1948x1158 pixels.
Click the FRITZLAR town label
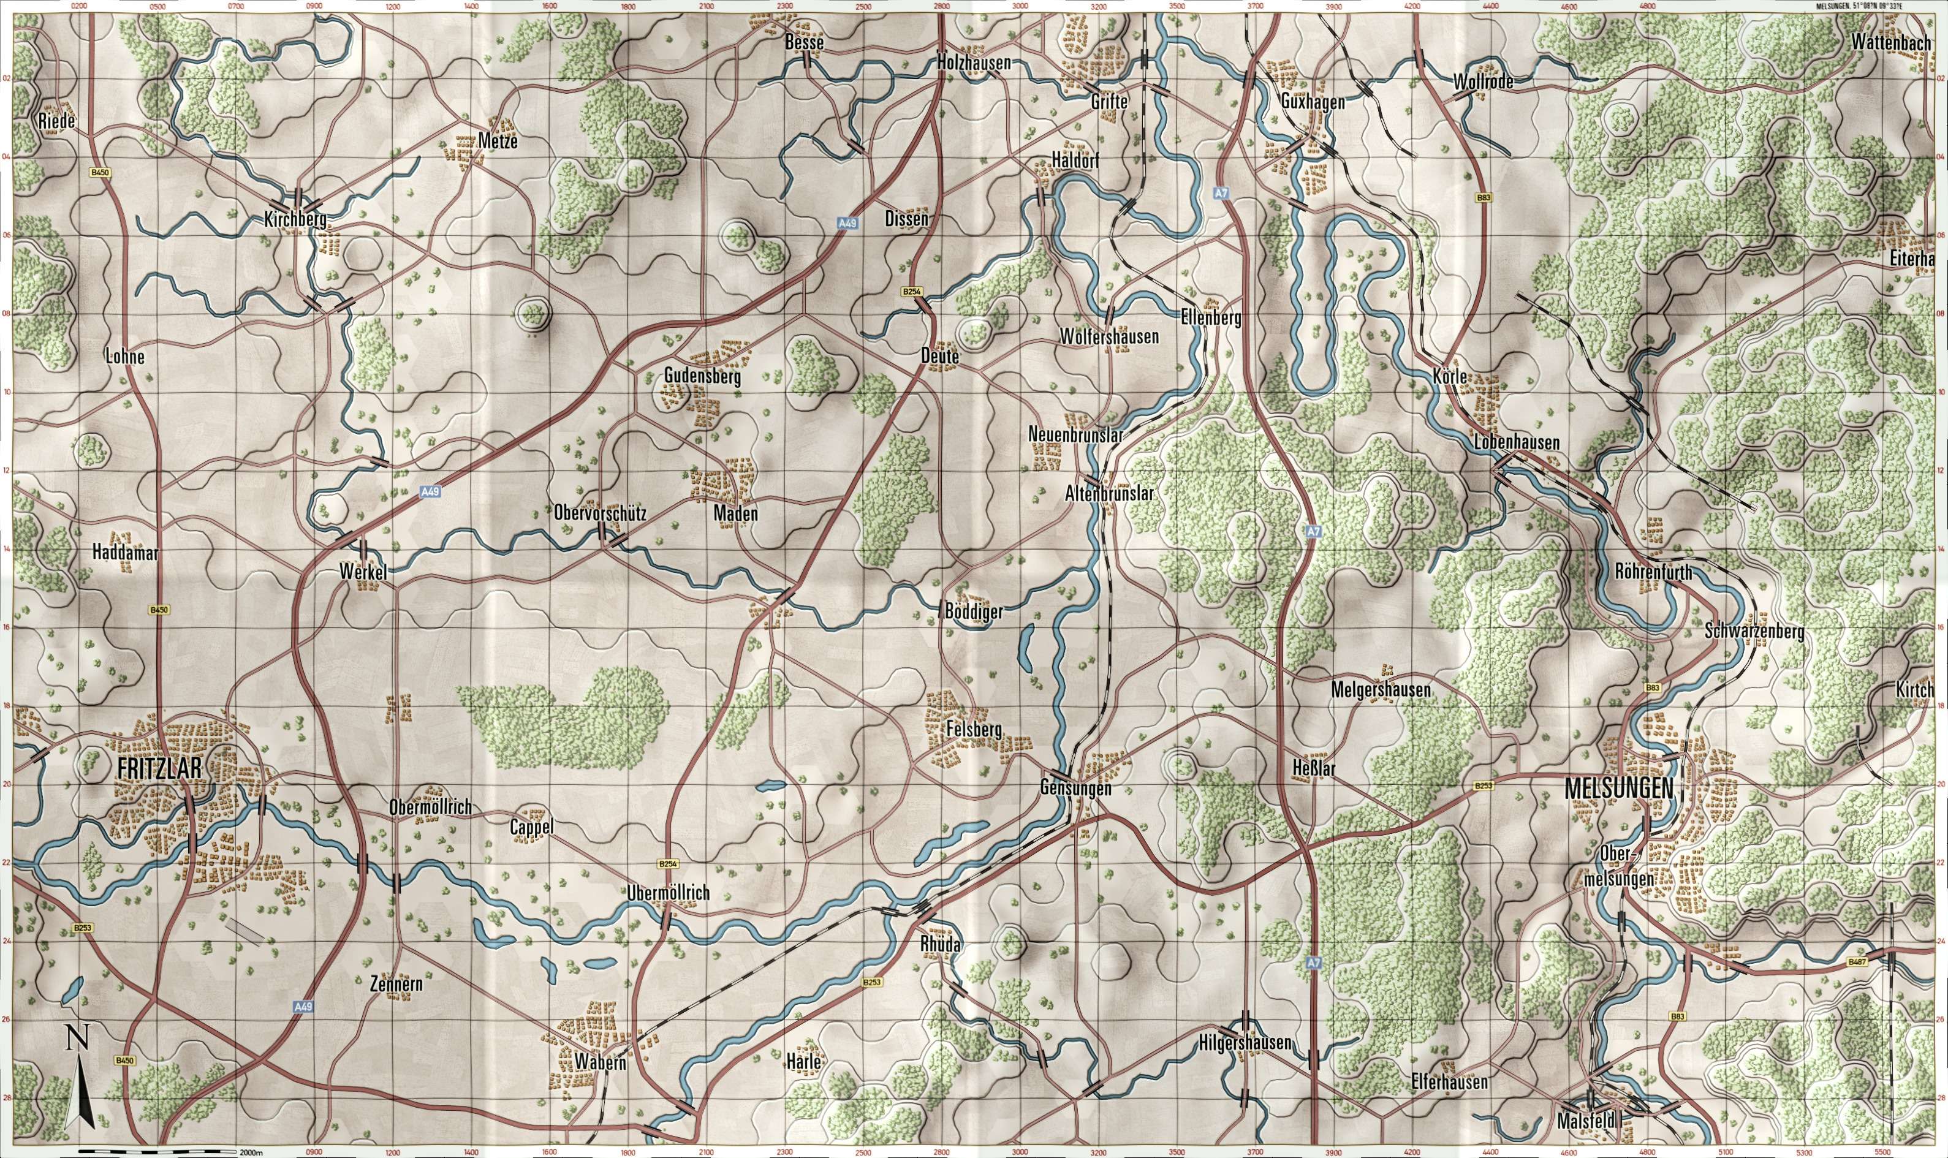point(160,768)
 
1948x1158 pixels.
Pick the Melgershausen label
point(1381,691)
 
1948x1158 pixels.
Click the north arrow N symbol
point(77,1039)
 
